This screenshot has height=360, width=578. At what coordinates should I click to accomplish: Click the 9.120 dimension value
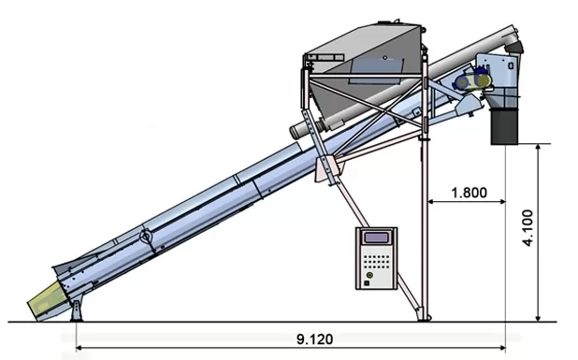pyautogui.click(x=314, y=339)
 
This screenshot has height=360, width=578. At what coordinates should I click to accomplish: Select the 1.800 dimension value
pyautogui.click(x=469, y=193)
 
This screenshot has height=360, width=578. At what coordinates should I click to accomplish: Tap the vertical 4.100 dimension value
pyautogui.click(x=527, y=228)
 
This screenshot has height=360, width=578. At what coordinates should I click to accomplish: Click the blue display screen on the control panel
pyautogui.click(x=376, y=238)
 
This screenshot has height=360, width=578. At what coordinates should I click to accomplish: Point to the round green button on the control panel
pyautogui.click(x=369, y=275)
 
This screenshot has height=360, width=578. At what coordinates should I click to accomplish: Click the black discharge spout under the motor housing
pyautogui.click(x=505, y=126)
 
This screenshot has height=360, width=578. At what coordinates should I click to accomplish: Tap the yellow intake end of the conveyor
pyautogui.click(x=47, y=299)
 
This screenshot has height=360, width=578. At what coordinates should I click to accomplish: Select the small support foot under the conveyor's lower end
pyautogui.click(x=77, y=311)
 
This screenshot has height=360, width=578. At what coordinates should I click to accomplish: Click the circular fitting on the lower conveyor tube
pyautogui.click(x=146, y=236)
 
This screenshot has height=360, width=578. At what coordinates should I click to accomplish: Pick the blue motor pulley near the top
pyautogui.click(x=461, y=81)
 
